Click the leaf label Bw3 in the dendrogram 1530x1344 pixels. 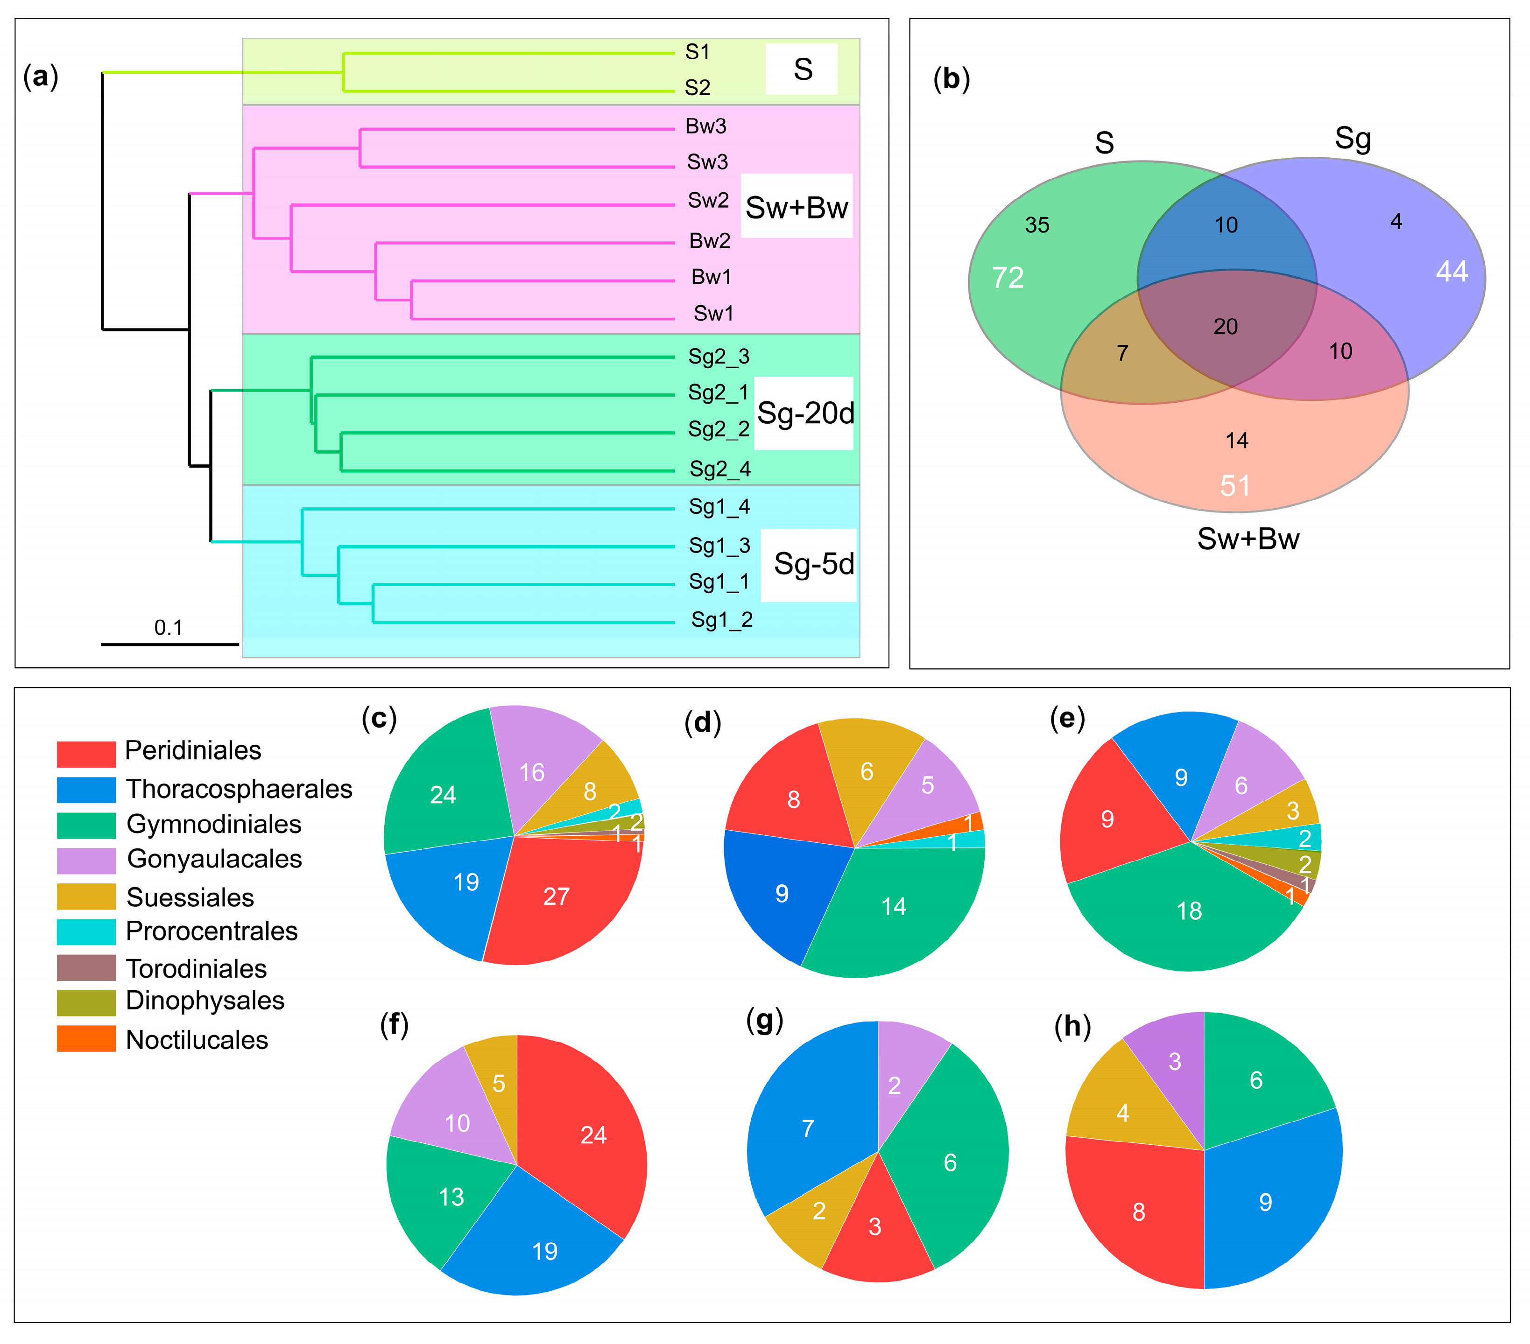tap(705, 126)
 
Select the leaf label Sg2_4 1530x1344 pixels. tap(719, 469)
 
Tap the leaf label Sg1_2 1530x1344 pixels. tap(721, 620)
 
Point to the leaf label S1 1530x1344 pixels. tap(697, 52)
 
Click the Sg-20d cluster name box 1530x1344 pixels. tap(804, 413)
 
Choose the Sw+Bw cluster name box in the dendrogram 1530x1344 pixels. tap(797, 207)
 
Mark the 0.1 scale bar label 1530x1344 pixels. tap(169, 627)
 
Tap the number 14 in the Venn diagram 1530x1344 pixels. tap(1237, 441)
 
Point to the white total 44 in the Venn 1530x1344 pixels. tap(1452, 271)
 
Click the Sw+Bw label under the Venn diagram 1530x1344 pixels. tap(1248, 539)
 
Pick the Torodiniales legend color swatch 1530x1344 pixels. tap(86, 967)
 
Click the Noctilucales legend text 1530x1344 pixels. tap(197, 1039)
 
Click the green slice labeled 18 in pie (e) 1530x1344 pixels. tap(1189, 911)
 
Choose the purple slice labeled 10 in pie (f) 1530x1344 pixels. tap(457, 1122)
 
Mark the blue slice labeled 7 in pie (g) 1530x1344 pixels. tap(808, 1128)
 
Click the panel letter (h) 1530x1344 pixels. tap(1072, 1027)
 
